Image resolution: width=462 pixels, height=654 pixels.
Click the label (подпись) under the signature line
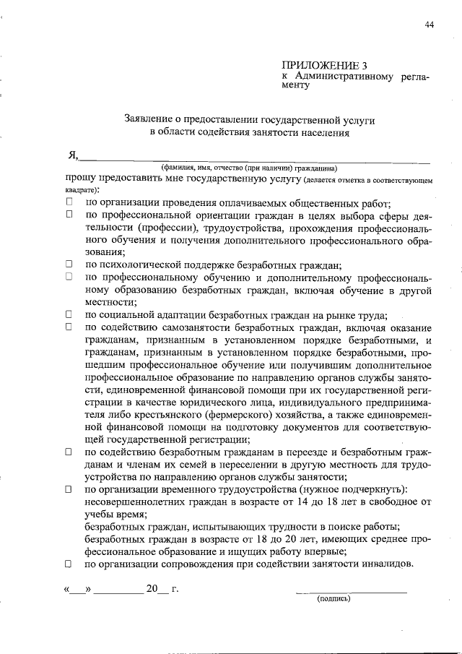tap(334, 598)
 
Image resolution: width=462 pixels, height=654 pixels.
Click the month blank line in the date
tap(118, 590)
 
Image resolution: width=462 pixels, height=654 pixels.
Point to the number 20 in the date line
tap(152, 588)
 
